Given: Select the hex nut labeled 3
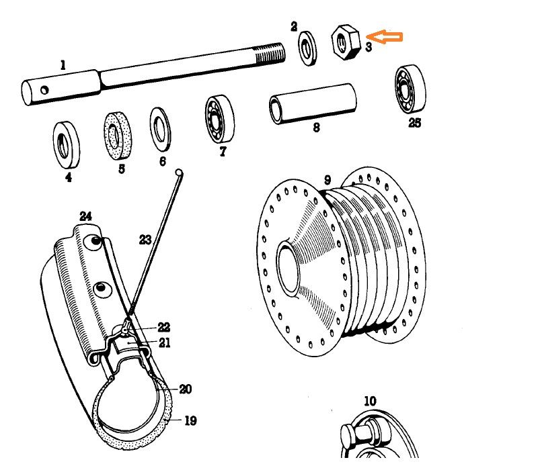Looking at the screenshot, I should tap(346, 42).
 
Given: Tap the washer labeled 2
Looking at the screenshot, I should tap(309, 48).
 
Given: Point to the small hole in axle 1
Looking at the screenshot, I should tap(44, 89).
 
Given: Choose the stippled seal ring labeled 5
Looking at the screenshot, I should tap(118, 135).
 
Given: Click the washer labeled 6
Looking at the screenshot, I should tap(160, 128).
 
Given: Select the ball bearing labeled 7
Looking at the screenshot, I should tap(219, 118).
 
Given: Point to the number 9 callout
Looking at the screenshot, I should tap(328, 180).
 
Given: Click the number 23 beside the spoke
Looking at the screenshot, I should tap(145, 240).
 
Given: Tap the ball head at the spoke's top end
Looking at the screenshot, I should tap(179, 173).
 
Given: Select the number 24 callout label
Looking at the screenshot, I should tap(85, 216).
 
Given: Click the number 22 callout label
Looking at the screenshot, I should tap(163, 328).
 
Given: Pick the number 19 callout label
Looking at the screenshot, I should tap(190, 421).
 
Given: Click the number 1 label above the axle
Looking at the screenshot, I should tap(63, 65).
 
